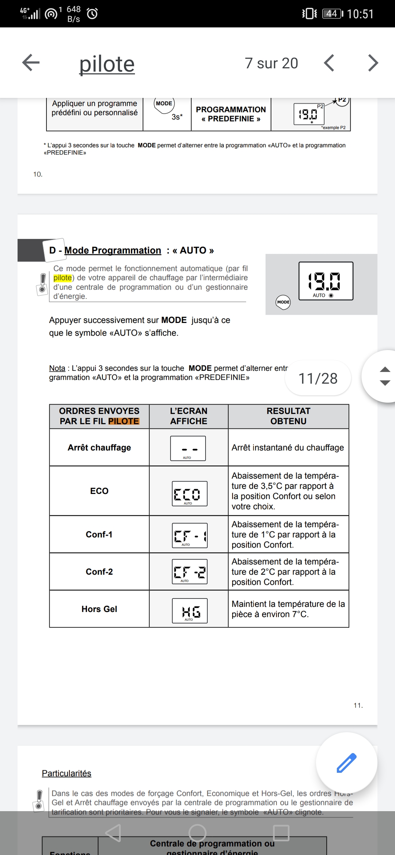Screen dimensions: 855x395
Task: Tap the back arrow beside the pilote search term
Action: [31, 63]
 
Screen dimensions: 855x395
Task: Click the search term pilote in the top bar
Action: [107, 64]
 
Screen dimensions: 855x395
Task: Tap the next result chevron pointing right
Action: [372, 63]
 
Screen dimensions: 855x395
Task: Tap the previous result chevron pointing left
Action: [329, 63]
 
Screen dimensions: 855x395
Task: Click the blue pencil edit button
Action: [346, 763]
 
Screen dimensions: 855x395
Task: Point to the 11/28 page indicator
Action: [318, 379]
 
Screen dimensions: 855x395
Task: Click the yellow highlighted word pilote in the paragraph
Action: [63, 278]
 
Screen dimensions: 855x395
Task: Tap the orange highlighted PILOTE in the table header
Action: [124, 421]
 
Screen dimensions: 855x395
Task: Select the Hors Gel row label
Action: [99, 609]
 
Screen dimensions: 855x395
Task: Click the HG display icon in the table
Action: [190, 611]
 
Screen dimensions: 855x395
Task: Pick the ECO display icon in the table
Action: [189, 494]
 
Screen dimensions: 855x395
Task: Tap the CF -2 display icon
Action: [189, 572]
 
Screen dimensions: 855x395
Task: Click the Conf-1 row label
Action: [99, 535]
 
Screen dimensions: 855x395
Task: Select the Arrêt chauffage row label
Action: [99, 448]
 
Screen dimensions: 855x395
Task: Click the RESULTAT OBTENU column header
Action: [288, 416]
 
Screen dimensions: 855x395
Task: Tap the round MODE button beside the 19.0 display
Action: [283, 302]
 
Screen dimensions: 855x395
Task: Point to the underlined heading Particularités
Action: [67, 774]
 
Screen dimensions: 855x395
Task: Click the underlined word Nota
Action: [57, 368]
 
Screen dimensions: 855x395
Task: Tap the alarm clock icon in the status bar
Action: [92, 14]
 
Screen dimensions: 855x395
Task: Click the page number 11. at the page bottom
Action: [358, 706]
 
